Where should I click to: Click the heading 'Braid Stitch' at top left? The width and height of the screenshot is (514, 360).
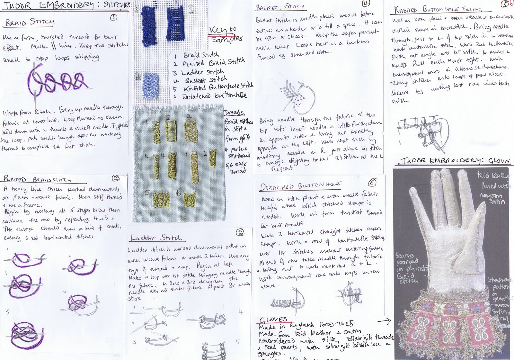[x=30, y=22]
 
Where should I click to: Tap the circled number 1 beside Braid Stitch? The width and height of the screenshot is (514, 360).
[x=113, y=18]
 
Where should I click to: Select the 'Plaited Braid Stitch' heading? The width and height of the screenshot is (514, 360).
[x=37, y=179]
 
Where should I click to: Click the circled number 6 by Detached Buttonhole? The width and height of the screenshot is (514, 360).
[x=372, y=182]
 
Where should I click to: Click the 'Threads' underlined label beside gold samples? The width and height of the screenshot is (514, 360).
[x=234, y=112]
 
